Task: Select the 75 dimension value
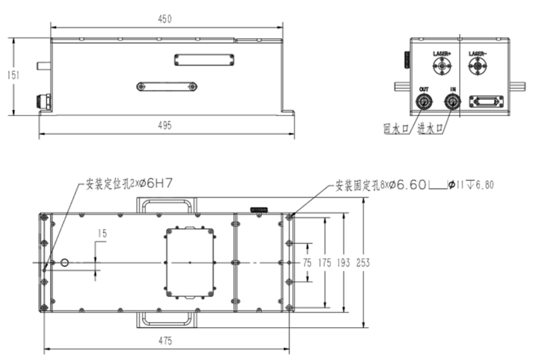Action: click(307, 263)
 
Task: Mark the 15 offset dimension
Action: click(102, 233)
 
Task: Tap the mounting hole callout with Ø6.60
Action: click(413, 185)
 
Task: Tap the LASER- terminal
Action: click(477, 65)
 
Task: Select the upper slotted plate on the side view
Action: click(203, 59)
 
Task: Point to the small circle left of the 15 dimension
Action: click(65, 262)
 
